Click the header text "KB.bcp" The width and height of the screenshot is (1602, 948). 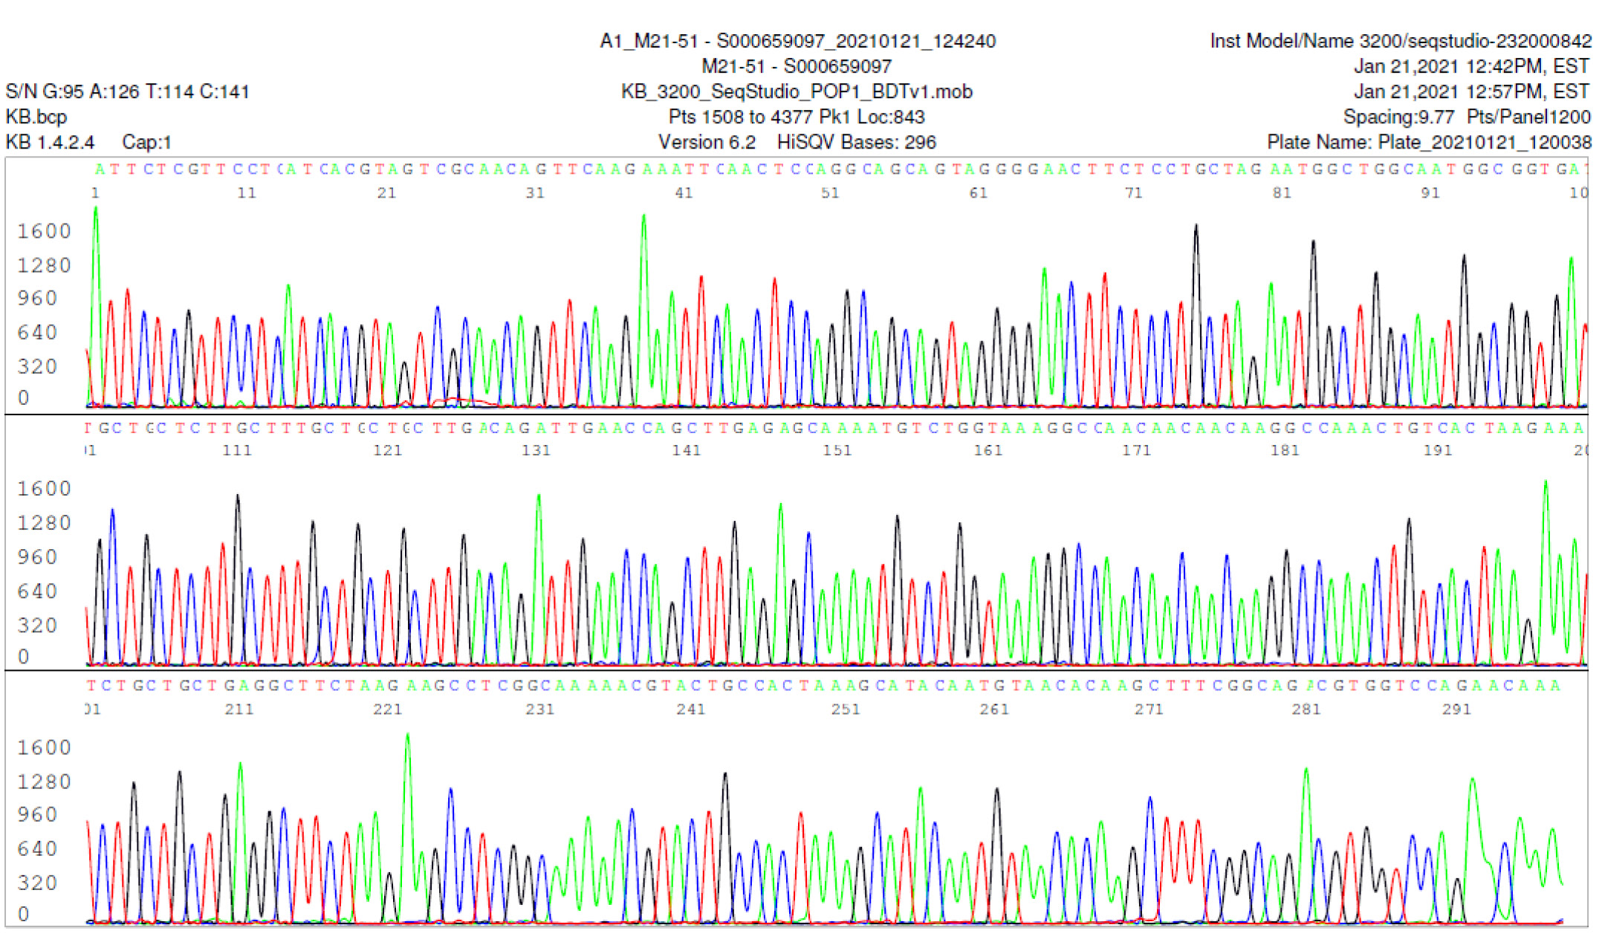pyautogui.click(x=36, y=117)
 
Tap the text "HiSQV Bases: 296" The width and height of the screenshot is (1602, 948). pyautogui.click(x=856, y=142)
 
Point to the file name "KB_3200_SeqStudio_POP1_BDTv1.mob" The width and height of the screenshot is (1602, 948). pyautogui.click(x=797, y=91)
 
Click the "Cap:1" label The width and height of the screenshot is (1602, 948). pyautogui.click(x=146, y=142)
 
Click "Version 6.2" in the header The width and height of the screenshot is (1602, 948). pyautogui.click(x=707, y=142)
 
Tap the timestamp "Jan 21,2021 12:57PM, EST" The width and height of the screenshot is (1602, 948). pyautogui.click(x=1470, y=91)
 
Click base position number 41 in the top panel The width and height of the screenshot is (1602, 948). pyautogui.click(x=684, y=193)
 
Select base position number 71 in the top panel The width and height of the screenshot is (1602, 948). pyautogui.click(x=1133, y=193)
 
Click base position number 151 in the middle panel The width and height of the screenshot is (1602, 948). pyautogui.click(x=837, y=450)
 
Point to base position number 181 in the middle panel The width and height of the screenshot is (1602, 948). pyautogui.click(x=1285, y=450)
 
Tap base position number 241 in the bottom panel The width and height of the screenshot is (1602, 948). pyautogui.click(x=690, y=709)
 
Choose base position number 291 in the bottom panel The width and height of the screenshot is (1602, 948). pyautogui.click(x=1456, y=709)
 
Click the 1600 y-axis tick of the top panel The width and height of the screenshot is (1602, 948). pyautogui.click(x=44, y=231)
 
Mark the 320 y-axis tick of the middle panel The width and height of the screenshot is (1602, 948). pyautogui.click(x=37, y=625)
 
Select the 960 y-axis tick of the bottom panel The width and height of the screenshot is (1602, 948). pyautogui.click(x=37, y=814)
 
